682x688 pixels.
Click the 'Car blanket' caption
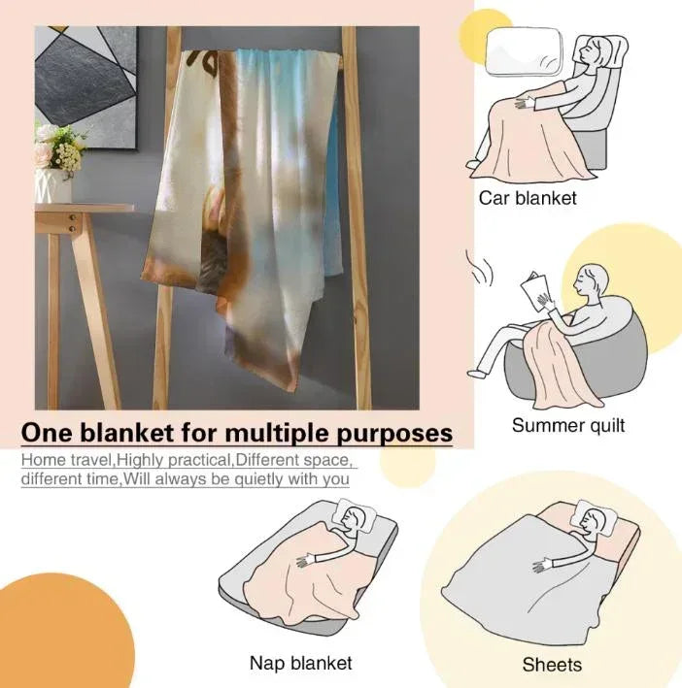[527, 198]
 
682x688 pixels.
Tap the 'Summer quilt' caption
[567, 426]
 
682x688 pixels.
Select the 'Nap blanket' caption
[301, 663]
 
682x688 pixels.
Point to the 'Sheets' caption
[552, 665]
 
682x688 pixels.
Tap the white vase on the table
[52, 185]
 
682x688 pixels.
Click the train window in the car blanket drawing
[524, 50]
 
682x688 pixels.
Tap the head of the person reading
[591, 281]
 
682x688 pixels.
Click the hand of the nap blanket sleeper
[305, 561]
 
